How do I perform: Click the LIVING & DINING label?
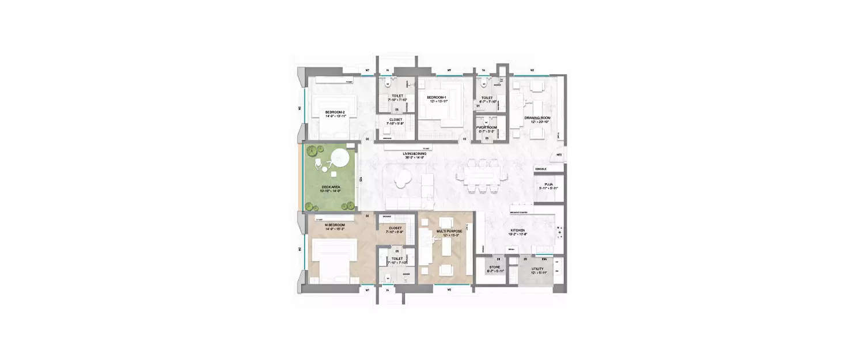pos(415,153)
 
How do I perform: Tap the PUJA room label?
pos(548,185)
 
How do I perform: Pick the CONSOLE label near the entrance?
pos(541,169)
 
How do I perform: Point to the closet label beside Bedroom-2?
pos(396,120)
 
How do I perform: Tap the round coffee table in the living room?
pos(404,181)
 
